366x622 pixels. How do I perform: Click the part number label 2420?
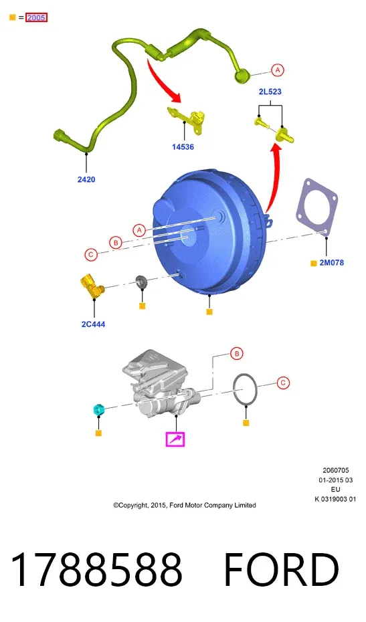[86, 179]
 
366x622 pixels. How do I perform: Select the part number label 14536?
[183, 146]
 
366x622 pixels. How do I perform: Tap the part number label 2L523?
[270, 92]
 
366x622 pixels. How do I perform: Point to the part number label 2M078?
[331, 263]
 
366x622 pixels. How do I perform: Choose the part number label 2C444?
[93, 324]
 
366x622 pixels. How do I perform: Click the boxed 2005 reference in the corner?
[36, 17]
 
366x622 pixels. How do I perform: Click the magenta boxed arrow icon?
[175, 439]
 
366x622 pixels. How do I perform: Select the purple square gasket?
[316, 208]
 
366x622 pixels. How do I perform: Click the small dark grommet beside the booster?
[142, 282]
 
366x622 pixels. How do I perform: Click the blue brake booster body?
[208, 234]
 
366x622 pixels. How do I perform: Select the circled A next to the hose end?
[278, 70]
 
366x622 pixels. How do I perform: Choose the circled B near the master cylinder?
[237, 353]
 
